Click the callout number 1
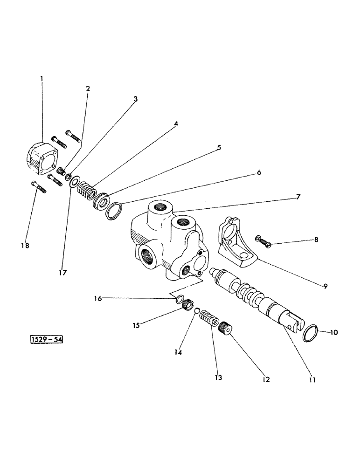[42, 79]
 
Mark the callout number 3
[135, 99]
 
